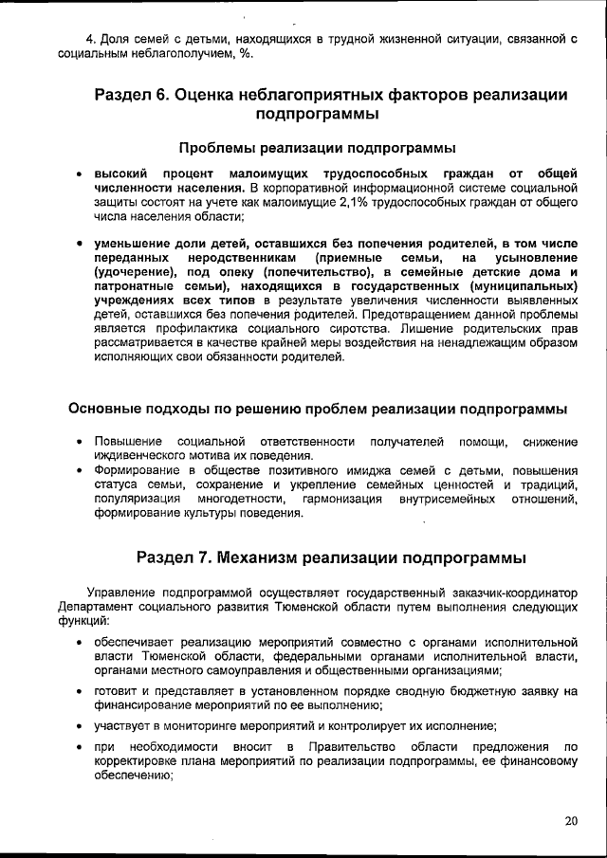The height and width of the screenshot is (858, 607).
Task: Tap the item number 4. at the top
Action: tap(91, 38)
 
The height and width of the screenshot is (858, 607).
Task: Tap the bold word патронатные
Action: tap(133, 286)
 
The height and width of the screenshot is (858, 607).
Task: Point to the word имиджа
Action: tap(359, 469)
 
